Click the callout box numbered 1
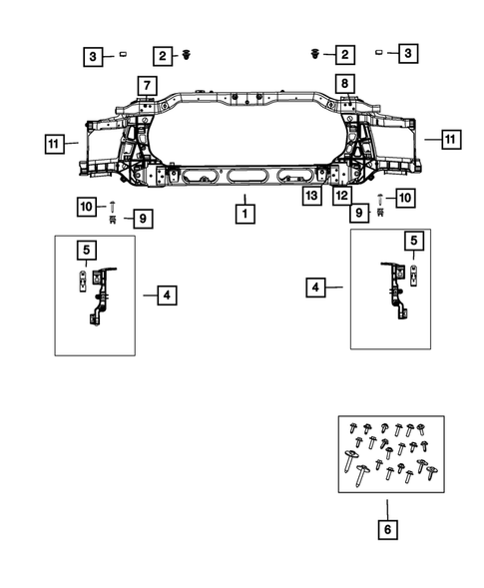point(242,213)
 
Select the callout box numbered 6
point(386,530)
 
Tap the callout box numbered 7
point(146,84)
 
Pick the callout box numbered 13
point(312,196)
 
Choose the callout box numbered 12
point(342,196)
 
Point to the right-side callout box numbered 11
point(450,139)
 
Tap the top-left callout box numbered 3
point(92,56)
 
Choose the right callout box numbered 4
point(316,288)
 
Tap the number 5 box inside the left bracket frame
point(87,250)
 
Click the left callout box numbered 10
point(86,205)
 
